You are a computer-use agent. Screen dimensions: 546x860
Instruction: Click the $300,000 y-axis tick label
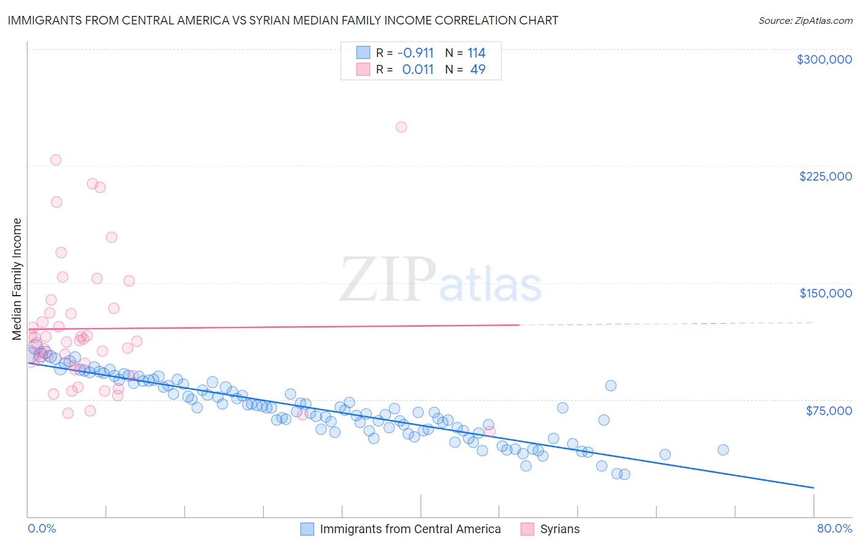[824, 59]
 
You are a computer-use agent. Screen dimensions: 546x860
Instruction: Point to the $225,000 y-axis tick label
[825, 176]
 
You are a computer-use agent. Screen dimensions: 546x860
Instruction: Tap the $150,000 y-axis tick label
[825, 293]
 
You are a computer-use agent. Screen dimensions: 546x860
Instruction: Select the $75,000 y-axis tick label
[828, 411]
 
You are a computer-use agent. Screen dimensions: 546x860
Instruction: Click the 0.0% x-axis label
[42, 528]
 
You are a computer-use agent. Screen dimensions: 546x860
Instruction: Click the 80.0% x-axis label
[834, 528]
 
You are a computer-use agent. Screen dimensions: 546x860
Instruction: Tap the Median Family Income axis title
[17, 279]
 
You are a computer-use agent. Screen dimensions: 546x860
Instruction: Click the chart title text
[283, 20]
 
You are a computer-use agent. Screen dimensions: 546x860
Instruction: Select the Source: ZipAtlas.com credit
[805, 20]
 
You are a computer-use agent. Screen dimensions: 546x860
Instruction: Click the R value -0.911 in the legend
[415, 53]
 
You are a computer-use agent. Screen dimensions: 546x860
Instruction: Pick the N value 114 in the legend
[476, 53]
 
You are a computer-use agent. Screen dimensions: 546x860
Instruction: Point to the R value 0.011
[418, 69]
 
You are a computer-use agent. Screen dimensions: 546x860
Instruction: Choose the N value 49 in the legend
[478, 69]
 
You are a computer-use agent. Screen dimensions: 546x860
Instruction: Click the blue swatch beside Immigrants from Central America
[307, 529]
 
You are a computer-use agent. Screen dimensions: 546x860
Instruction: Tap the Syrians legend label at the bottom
[560, 529]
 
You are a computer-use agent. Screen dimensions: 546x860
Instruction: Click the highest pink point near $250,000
[401, 127]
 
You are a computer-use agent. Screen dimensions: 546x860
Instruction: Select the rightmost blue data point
[723, 450]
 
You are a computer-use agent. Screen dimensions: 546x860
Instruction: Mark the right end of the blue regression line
[814, 487]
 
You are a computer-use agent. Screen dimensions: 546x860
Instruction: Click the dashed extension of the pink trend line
[667, 323]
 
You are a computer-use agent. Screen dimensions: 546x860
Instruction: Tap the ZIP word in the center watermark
[388, 280]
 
